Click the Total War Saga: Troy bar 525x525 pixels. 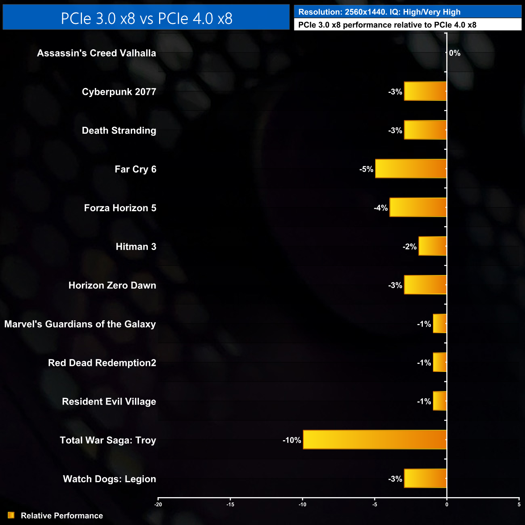375,440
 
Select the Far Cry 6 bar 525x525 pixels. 411,169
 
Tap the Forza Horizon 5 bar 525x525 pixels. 418,208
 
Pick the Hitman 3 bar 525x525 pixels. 433,246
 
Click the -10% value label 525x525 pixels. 292,440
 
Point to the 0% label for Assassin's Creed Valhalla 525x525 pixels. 455,53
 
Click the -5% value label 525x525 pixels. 366,169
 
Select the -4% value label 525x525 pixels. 380,208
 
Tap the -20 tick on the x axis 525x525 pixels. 158,504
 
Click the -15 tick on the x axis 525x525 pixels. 230,504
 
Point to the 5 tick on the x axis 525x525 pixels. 519,504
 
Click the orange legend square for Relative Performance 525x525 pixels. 11,515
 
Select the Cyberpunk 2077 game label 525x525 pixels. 119,92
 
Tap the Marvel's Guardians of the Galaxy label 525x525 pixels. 80,324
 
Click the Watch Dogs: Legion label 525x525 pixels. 109,479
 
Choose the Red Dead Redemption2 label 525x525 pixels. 102,363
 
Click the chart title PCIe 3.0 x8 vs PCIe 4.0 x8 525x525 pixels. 146,18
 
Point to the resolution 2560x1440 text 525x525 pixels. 362,12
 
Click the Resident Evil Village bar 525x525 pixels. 440,401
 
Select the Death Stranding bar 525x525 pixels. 425,130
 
